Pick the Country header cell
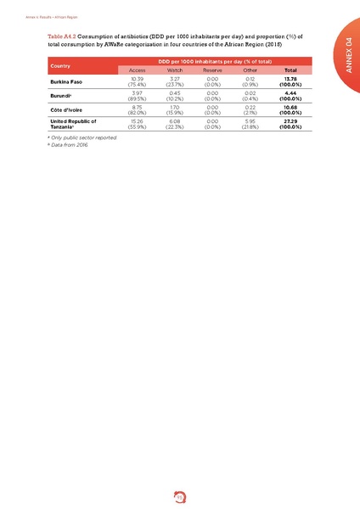click(x=60, y=65)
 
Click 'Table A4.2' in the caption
click(x=66, y=36)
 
